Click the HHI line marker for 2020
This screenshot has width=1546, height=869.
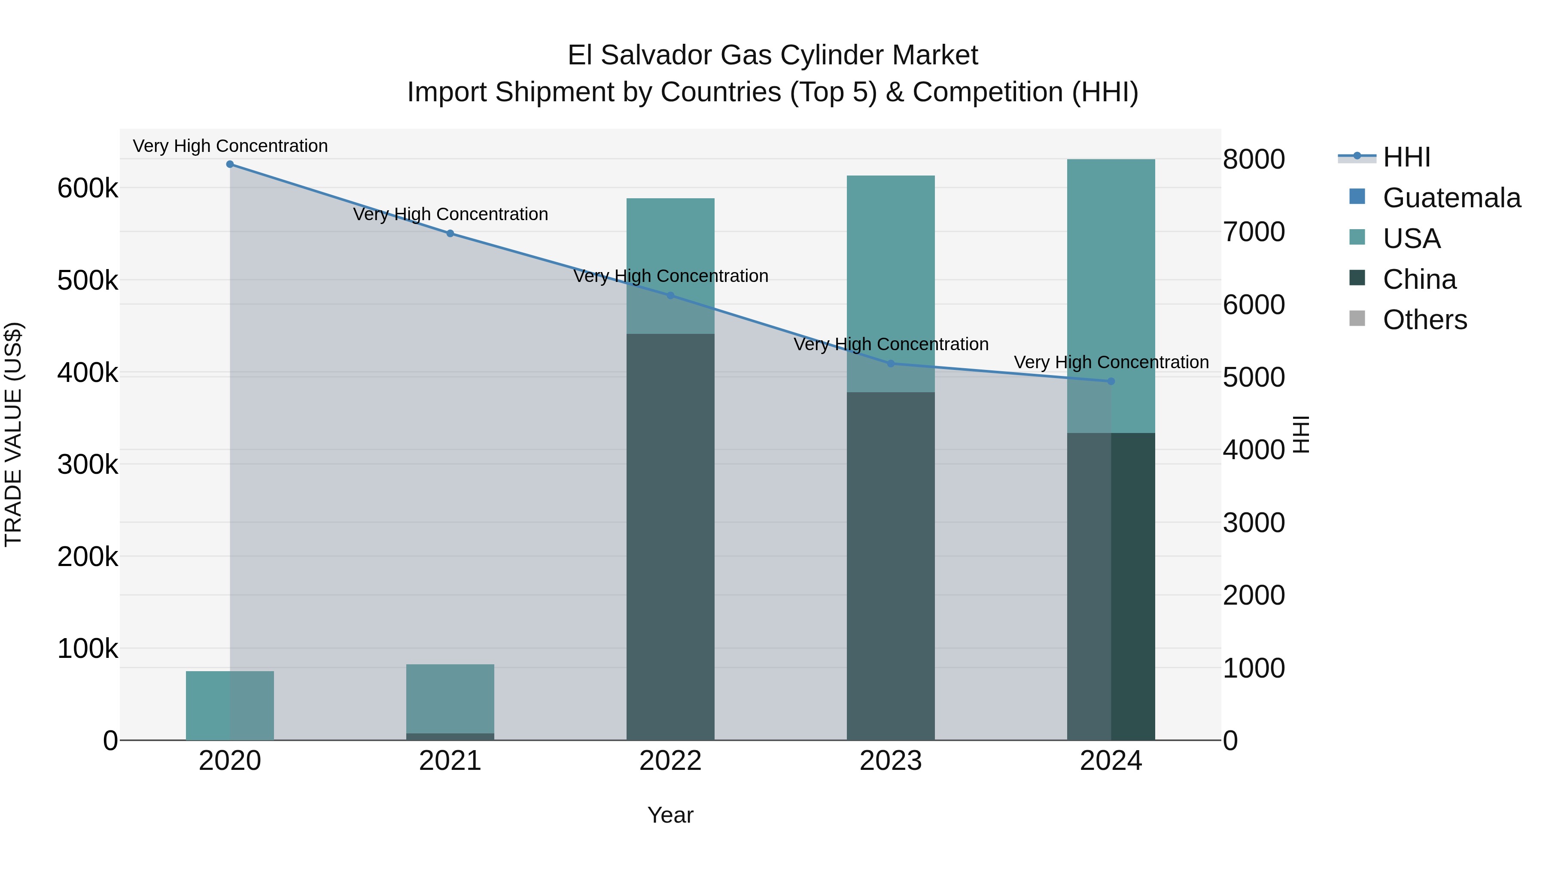[230, 164]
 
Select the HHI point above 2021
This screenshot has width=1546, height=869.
[450, 233]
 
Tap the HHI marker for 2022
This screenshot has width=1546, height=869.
[670, 296]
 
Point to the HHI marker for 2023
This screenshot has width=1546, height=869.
[891, 363]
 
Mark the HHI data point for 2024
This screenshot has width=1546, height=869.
[1111, 382]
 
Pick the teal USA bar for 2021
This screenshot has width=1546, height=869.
[450, 698]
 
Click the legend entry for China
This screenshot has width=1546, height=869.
[1419, 279]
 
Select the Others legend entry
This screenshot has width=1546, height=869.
[1425, 320]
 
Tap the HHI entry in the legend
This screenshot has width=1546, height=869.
[1406, 157]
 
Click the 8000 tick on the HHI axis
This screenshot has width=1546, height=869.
[1254, 160]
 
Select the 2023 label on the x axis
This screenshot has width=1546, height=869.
[891, 761]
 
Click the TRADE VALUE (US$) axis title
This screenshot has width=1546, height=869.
[13, 434]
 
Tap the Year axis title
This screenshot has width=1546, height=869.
[670, 815]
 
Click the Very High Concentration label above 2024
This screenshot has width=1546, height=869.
[1111, 362]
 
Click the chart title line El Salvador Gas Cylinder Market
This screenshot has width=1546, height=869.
[773, 55]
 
